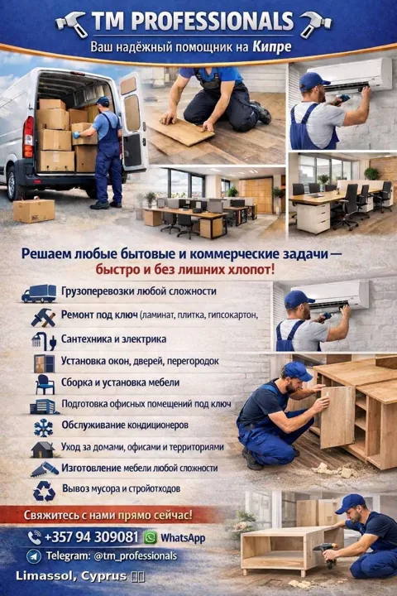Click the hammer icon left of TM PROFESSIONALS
(71, 23)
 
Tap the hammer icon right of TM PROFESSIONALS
(315, 23)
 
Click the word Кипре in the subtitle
(272, 47)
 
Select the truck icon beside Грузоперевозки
(39, 293)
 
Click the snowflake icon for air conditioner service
(43, 428)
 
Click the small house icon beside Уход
(43, 449)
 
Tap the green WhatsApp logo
(150, 537)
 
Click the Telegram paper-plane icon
(34, 556)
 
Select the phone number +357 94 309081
(91, 537)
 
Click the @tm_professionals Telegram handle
(136, 556)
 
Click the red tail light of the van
(28, 137)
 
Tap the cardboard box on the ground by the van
(34, 210)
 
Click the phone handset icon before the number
(35, 537)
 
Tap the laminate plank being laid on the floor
(182, 127)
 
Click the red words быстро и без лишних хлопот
(184, 270)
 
